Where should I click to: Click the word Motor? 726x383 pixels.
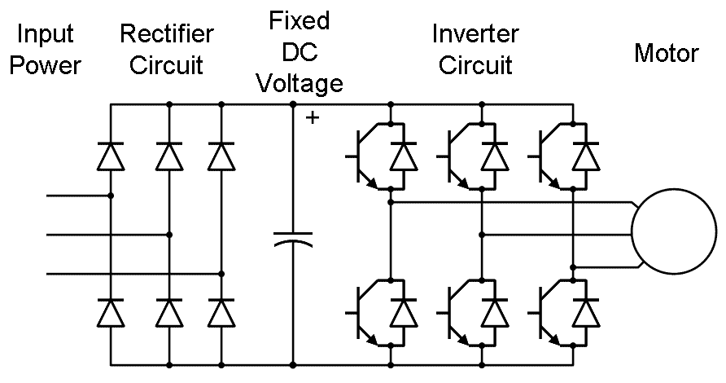666,54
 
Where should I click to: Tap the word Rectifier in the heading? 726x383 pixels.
167,34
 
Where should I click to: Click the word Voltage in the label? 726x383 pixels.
300,83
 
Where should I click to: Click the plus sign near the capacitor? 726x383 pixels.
312,119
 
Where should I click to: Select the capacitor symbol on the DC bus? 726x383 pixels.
292,238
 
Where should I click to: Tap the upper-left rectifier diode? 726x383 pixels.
110,155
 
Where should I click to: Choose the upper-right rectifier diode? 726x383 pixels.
221,155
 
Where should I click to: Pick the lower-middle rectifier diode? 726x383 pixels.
169,313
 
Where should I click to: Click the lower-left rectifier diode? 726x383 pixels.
110,313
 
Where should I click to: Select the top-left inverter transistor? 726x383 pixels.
366,155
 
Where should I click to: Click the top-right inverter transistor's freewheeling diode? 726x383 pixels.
584,155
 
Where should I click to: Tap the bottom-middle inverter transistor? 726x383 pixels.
457,313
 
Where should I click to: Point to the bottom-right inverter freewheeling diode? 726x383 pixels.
584,313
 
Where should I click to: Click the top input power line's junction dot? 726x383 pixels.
110,196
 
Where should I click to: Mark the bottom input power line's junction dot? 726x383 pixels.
221,274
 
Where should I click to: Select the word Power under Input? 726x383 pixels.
45,65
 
